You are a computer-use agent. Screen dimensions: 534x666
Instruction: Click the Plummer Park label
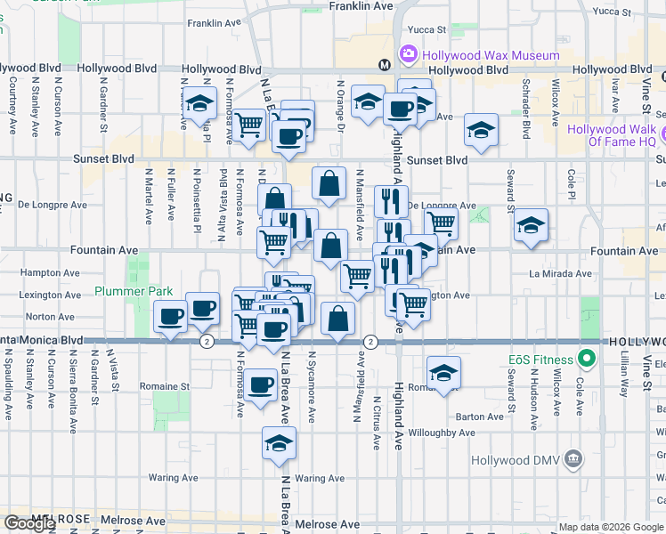134,291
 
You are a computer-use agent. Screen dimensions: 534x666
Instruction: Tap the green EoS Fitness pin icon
585,360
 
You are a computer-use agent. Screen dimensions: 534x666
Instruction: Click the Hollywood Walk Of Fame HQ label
612,135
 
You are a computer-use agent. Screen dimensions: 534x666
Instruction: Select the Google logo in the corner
28,523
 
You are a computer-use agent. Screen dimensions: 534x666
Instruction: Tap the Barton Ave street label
480,417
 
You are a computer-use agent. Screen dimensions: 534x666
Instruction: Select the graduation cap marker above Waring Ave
280,443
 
